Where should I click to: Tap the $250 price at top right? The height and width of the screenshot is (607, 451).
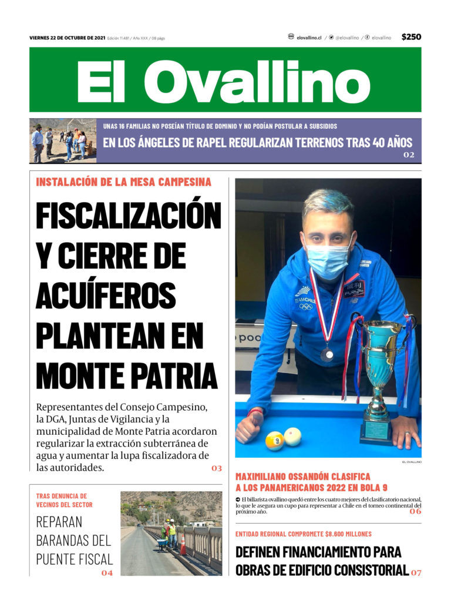tap(411, 37)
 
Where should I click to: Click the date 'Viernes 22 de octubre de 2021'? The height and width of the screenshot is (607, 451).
tap(67, 38)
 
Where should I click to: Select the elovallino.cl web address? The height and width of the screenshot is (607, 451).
tap(308, 38)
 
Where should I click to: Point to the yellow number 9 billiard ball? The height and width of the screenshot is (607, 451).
tap(274, 441)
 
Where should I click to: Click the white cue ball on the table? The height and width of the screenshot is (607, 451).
tap(292, 436)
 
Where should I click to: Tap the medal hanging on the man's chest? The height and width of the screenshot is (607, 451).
tap(327, 354)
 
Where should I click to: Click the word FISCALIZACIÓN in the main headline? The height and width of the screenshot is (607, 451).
tap(128, 216)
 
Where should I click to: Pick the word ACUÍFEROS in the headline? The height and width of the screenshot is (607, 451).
tap(106, 294)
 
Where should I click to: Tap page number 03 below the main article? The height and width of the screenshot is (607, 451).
tap(217, 468)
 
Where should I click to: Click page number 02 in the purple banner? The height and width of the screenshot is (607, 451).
tap(409, 155)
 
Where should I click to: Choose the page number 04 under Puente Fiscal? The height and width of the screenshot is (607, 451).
tap(106, 572)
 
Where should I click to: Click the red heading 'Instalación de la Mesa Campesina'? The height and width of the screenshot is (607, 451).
tap(123, 182)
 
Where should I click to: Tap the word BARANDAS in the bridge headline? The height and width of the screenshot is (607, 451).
tap(73, 540)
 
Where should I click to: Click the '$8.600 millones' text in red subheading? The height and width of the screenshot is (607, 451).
tap(346, 534)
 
